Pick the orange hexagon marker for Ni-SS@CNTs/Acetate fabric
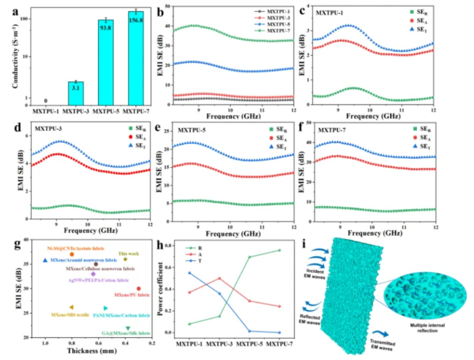(72, 254)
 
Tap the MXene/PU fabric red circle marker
(139, 288)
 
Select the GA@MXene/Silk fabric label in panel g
(126, 333)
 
